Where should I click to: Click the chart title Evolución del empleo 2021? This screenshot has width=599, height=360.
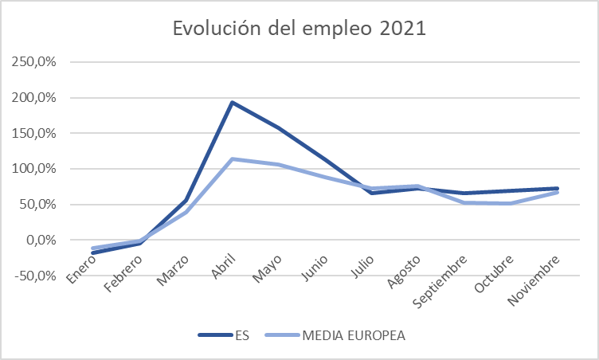click(x=299, y=29)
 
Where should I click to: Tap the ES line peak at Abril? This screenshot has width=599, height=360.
click(x=232, y=102)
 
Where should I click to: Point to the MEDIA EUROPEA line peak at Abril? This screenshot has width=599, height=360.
click(x=232, y=158)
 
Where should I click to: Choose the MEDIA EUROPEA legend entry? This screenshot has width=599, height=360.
click(x=354, y=335)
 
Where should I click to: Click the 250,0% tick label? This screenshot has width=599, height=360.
click(x=35, y=62)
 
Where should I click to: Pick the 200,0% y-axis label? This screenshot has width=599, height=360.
click(x=35, y=98)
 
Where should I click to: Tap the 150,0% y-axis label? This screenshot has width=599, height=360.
click(x=35, y=133)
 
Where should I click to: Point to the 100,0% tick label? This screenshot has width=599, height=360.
click(x=35, y=169)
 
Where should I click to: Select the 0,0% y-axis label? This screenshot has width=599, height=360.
click(x=40, y=240)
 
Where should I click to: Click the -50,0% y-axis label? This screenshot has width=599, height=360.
click(x=36, y=276)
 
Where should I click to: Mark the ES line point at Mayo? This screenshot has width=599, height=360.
click(x=278, y=127)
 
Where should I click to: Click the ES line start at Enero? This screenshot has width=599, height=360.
click(x=94, y=252)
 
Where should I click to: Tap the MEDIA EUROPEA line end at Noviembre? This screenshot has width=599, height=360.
click(x=557, y=192)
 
